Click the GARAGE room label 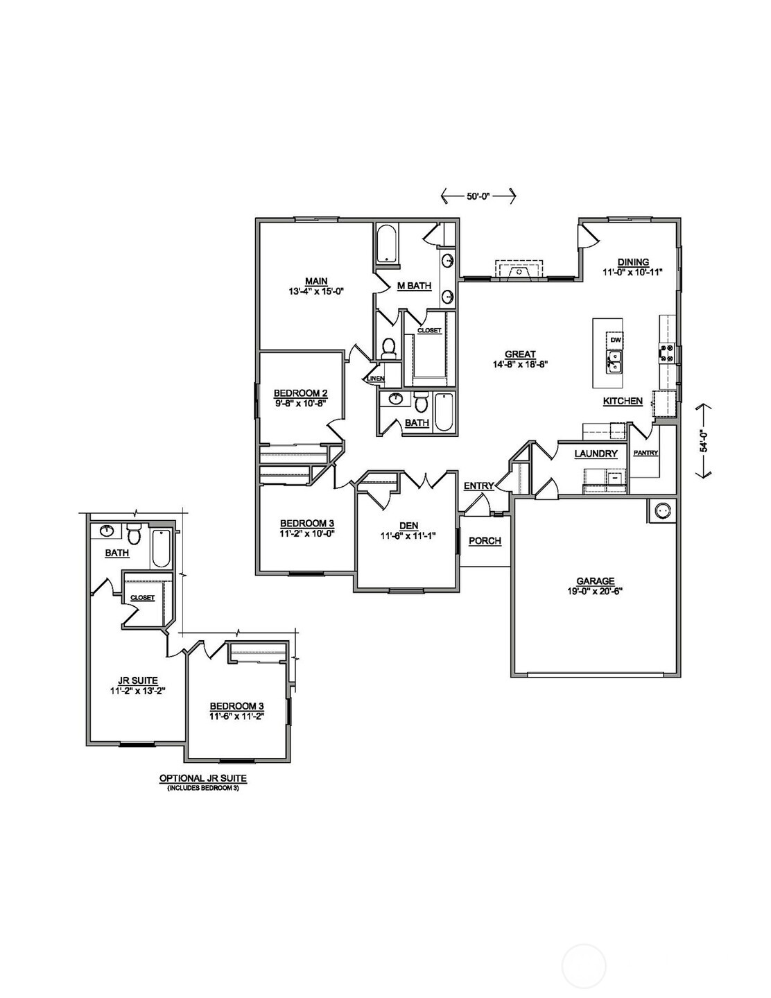coord(596,581)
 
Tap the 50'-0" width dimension coord(478,196)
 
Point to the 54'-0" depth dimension coord(704,441)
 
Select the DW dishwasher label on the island coord(615,341)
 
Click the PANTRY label coord(646,454)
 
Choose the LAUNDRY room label coord(596,454)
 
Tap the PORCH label coord(485,541)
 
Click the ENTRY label coord(478,486)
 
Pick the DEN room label coord(408,525)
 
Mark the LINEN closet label coord(375,378)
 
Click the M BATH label coord(414,286)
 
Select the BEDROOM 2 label coord(300,393)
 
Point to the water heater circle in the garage coord(662,510)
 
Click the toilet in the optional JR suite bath coord(135,534)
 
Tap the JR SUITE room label coord(134,680)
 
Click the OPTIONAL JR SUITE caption coord(203,778)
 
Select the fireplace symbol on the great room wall coord(520,270)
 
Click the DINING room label coord(633,262)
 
